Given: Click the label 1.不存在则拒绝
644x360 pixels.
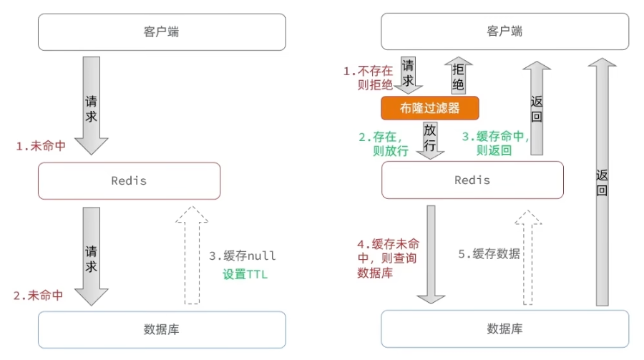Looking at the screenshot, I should (369, 79).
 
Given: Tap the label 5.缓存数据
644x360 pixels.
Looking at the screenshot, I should (489, 253).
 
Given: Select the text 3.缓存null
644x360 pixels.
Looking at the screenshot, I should (243, 256).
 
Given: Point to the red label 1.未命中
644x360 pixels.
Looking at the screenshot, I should (42, 145).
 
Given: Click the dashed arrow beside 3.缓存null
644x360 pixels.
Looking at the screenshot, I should (190, 255).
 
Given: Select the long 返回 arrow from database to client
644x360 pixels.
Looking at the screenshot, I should (602, 183).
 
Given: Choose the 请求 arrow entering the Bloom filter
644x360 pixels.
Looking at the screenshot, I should (409, 74).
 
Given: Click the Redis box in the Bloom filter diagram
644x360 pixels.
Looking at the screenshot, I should (472, 180).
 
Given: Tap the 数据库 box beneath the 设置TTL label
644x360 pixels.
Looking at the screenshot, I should (162, 329).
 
